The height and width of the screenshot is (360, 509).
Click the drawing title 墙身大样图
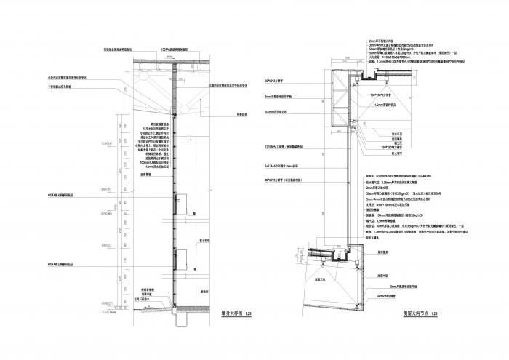tap(232, 313)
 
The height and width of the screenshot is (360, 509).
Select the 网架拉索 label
tap(221, 115)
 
